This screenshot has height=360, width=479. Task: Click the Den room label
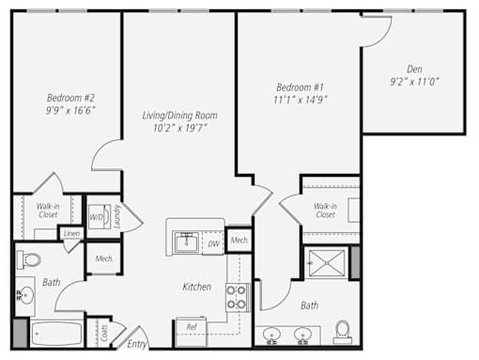point(414,69)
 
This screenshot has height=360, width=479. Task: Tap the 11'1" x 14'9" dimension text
point(301,100)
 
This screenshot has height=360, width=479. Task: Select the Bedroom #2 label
point(70,98)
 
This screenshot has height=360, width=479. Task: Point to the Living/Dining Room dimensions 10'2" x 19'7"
point(180,128)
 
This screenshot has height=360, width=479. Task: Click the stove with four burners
point(237,297)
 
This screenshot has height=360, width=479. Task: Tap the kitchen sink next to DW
point(187,243)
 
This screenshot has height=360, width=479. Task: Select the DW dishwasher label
point(213,243)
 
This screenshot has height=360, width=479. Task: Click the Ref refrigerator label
point(192,327)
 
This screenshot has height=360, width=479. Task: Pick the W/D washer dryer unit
point(100,216)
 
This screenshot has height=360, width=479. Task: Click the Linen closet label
point(71,233)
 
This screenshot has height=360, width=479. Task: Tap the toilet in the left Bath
point(29,259)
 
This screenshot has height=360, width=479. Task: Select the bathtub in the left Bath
point(56,334)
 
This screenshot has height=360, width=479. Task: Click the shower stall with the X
point(327,263)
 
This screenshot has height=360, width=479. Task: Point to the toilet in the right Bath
point(342,331)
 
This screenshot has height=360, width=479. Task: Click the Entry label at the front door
point(137,344)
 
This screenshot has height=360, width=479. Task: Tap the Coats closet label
point(104,334)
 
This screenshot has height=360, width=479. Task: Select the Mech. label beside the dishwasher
point(239,241)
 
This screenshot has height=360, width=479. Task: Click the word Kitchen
point(197,287)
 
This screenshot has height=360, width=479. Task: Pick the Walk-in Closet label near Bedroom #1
point(325,211)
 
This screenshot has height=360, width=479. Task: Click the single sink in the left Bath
point(25,295)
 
